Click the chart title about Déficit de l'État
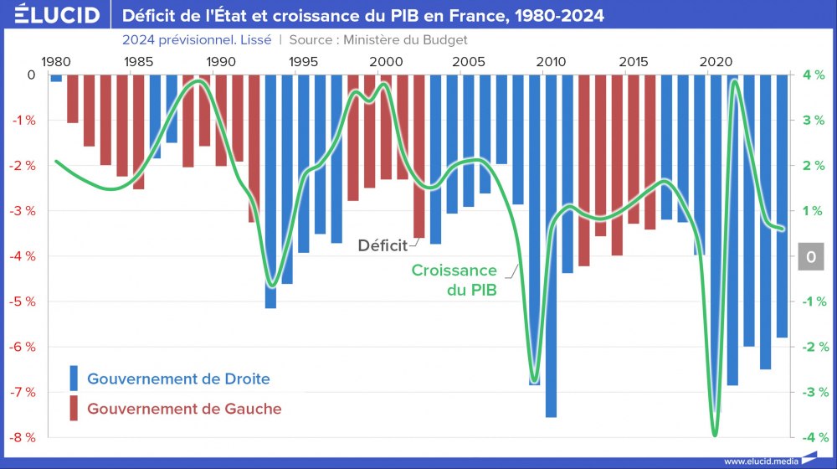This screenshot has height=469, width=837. coord(362,15)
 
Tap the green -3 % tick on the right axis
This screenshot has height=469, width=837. coord(812,392)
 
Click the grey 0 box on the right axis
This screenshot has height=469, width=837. coord(811,257)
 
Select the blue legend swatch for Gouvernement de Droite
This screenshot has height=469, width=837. coord(74,379)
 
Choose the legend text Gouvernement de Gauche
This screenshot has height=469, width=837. coord(184,409)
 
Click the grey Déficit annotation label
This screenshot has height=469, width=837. coord(383,245)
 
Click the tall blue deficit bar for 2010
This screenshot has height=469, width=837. coord(551,251)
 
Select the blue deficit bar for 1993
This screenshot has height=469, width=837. coord(270,193)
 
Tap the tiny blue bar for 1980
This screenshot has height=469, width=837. coord(56,79)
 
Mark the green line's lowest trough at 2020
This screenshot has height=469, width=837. coord(715,435)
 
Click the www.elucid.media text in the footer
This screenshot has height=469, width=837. coord(760,461)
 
